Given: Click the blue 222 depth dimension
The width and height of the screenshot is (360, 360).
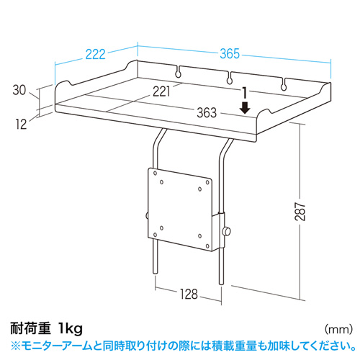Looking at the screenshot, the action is point(96,55).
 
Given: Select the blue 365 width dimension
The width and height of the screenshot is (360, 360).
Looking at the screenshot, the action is point(230,53).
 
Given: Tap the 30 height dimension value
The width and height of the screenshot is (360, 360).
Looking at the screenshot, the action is point(19,90).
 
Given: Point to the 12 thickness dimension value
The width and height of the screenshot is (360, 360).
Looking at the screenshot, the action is point(22,125).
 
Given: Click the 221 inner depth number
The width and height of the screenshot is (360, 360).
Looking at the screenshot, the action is point(161,91).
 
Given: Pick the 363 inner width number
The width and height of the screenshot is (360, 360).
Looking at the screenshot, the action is point(207,112).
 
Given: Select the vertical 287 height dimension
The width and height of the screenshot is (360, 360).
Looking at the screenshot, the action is point(300,212).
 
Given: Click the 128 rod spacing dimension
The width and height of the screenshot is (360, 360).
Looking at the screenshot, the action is point(189,294).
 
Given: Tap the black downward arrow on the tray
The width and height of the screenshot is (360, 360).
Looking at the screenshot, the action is point(245,107).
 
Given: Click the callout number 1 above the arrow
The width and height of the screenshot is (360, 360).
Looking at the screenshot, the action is point(245,93).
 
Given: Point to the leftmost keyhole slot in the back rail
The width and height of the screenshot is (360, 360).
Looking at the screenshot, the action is point(178,71).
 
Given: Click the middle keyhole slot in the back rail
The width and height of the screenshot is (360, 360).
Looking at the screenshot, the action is point(230,78).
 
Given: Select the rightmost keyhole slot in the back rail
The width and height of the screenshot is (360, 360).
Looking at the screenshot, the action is point(284,84).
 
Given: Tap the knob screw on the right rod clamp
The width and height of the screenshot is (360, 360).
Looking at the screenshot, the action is point(226,231).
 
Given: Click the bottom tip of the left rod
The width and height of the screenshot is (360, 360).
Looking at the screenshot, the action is point(156,273).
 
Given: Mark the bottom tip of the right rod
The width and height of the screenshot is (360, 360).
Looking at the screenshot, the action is point(221,284).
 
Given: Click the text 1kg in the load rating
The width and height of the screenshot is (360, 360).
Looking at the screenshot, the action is point(71,329).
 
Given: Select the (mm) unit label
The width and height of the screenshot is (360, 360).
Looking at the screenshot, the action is point(338,329).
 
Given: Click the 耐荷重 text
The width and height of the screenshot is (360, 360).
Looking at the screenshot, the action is point(30,328).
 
